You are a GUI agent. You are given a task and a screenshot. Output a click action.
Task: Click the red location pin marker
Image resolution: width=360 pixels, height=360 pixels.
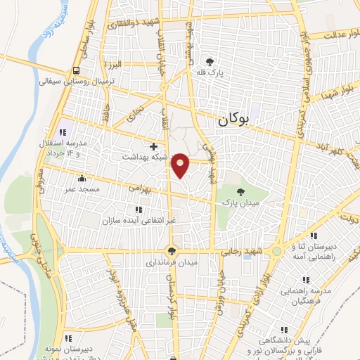point(181,165)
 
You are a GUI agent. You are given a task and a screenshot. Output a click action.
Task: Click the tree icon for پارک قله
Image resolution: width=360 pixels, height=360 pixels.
point(209,61)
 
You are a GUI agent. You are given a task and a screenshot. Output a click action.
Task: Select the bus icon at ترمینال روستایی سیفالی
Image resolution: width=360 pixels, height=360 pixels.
point(75,70)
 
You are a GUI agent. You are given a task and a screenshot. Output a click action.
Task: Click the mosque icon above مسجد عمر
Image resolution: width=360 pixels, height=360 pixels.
point(82,178)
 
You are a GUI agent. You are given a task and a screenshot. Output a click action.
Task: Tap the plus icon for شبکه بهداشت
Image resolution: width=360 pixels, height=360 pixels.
point(154,146)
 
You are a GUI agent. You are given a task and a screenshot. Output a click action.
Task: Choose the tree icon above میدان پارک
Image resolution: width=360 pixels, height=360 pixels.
point(241,191)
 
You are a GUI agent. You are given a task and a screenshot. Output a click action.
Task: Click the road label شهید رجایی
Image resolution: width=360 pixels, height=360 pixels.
point(247,251)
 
